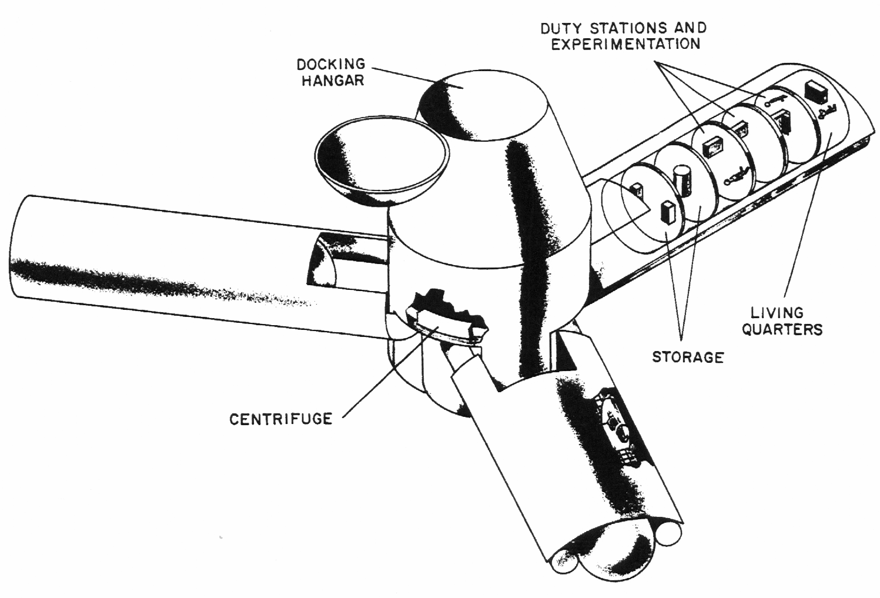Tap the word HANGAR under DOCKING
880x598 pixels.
pos(333,80)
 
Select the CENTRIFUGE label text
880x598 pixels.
pos(280,419)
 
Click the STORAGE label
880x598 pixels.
pos(687,356)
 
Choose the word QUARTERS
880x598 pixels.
pos(781,329)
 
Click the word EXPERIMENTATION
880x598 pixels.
pos(625,44)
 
